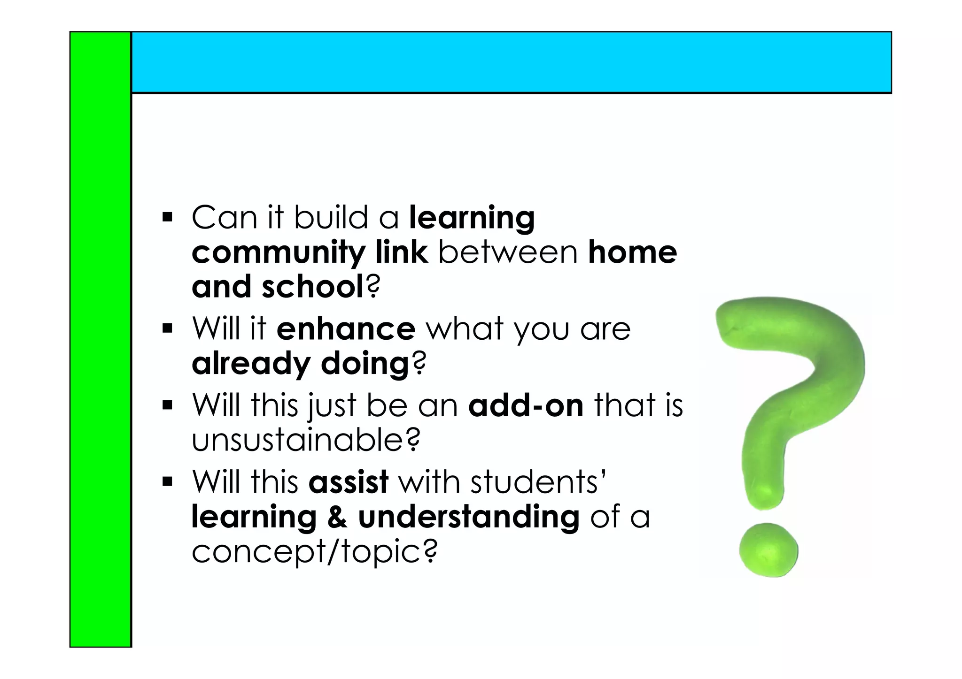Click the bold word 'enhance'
(x=346, y=329)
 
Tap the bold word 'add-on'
(x=526, y=405)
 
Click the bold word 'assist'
(x=348, y=482)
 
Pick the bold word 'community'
(x=279, y=253)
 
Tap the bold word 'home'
(x=632, y=252)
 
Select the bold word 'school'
(x=312, y=287)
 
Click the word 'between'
(x=508, y=252)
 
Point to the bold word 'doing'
(x=365, y=364)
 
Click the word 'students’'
(x=538, y=482)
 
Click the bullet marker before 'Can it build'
(x=167, y=218)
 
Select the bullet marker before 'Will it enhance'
(x=167, y=328)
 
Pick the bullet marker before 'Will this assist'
(x=167, y=482)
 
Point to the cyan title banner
(x=511, y=62)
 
